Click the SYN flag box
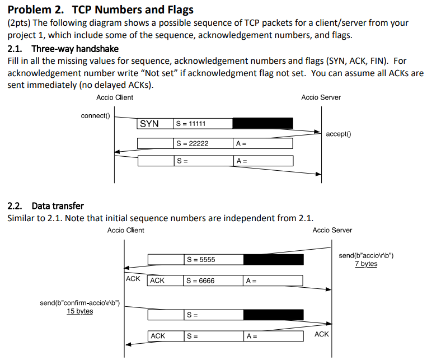point(149,124)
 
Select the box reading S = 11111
point(202,124)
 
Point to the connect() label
point(96,116)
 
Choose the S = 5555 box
point(213,260)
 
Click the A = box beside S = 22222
point(262,144)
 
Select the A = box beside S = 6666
point(273,280)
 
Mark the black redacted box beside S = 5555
point(273,260)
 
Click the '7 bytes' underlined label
point(366,264)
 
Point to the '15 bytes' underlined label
point(80,311)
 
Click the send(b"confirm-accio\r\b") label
point(80,303)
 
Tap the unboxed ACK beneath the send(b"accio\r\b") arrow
point(133,278)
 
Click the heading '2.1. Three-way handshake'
point(63,49)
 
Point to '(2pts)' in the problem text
point(19,24)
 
